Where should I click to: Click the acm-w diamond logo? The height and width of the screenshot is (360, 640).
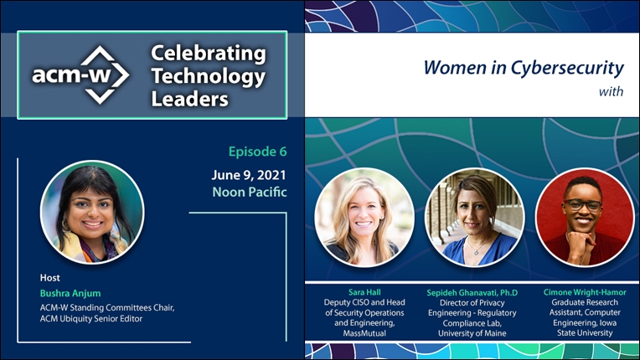click(80, 75)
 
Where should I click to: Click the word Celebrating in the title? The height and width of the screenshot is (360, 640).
click(208, 54)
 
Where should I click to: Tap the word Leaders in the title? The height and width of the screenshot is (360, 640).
click(189, 99)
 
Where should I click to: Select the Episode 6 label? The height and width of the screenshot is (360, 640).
click(257, 152)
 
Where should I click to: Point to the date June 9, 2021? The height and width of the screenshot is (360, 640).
click(249, 175)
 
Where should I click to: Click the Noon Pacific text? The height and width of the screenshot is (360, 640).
click(250, 192)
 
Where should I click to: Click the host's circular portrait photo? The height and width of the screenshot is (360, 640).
click(92, 212)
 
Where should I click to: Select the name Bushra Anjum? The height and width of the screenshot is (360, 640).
click(70, 293)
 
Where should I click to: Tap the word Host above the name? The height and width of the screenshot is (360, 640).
click(49, 278)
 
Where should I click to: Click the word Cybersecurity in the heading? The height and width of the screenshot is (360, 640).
click(567, 68)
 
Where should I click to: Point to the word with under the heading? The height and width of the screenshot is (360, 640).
click(611, 91)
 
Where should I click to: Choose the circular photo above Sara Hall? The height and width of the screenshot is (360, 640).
click(364, 218)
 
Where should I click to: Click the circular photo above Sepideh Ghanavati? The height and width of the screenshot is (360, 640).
click(475, 218)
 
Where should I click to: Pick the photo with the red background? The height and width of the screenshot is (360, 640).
click(585, 218)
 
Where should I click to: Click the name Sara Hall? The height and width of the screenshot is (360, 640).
click(364, 292)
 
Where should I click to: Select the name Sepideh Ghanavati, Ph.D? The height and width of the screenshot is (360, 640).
click(472, 293)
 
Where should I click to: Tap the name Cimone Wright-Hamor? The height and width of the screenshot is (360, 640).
click(585, 292)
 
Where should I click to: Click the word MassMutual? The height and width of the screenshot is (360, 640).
click(364, 333)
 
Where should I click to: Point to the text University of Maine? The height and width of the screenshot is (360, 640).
click(472, 333)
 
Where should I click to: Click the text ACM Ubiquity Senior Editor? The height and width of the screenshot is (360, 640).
click(91, 319)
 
